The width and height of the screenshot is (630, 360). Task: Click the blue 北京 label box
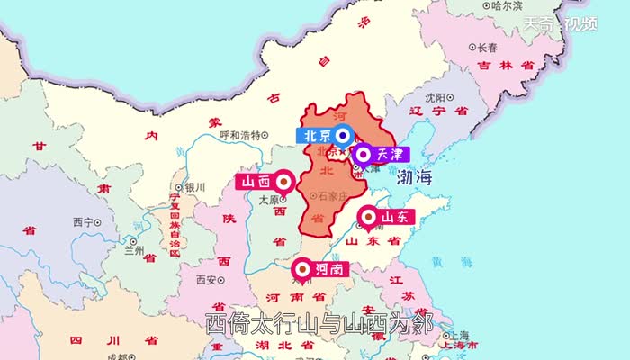pyautogui.click(x=315, y=137)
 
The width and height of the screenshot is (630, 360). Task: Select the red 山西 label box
pyautogui.click(x=252, y=182)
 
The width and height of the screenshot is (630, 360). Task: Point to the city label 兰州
pyautogui.click(x=135, y=250)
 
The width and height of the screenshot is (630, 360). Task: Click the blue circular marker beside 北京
pyautogui.click(x=343, y=137)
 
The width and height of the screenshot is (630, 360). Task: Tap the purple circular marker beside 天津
pyautogui.click(x=363, y=155)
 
